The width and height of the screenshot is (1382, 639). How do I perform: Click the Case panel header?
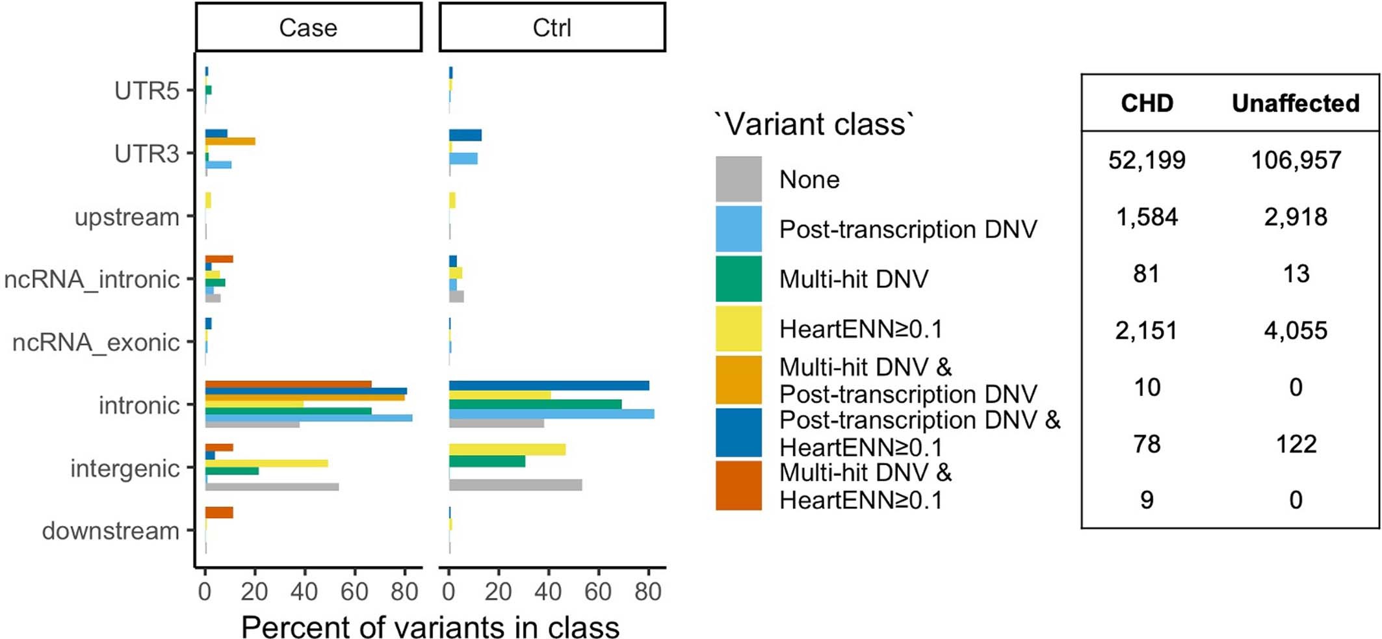tap(308, 27)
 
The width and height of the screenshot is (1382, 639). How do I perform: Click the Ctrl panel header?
tap(552, 27)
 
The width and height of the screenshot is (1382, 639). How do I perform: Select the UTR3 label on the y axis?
tap(146, 154)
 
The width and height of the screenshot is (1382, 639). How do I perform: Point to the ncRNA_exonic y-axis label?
tap(96, 342)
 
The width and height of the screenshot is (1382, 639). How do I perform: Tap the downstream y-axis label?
tap(111, 531)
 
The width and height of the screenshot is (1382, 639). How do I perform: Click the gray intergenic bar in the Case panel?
tap(272, 486)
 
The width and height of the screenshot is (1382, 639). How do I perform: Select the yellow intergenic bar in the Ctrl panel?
tap(507, 449)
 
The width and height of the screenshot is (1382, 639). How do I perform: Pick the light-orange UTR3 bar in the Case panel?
tap(230, 141)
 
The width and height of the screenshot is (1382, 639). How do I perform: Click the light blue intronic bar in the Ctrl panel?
tap(551, 414)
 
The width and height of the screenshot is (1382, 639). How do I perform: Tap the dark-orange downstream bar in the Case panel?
tap(219, 513)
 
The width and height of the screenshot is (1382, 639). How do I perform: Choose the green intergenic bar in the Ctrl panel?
tap(487, 462)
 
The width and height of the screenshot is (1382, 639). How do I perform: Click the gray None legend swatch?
tap(738, 179)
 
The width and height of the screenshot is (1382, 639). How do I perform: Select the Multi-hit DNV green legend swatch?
tap(738, 279)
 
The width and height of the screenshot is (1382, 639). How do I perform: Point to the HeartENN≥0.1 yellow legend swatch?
tap(738, 329)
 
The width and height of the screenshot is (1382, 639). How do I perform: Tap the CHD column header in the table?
tap(1147, 103)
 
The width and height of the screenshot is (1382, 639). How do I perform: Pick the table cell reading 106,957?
tap(1296, 160)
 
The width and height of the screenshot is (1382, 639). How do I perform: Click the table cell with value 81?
tap(1147, 274)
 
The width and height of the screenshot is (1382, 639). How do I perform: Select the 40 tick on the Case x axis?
tap(304, 591)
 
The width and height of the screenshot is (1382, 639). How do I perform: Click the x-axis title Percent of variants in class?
tap(430, 627)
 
